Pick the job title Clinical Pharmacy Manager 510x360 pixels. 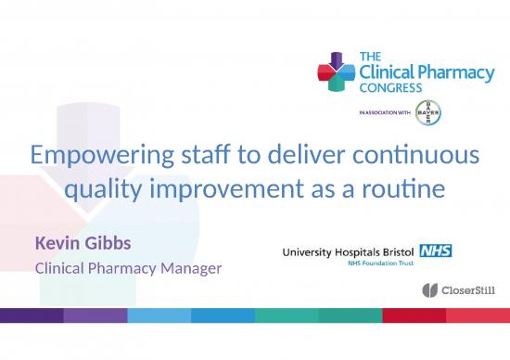pos(129,269)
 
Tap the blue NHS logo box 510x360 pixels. pos(435,250)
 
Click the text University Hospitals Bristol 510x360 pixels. pos(350,251)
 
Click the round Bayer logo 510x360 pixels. pos(428,112)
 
